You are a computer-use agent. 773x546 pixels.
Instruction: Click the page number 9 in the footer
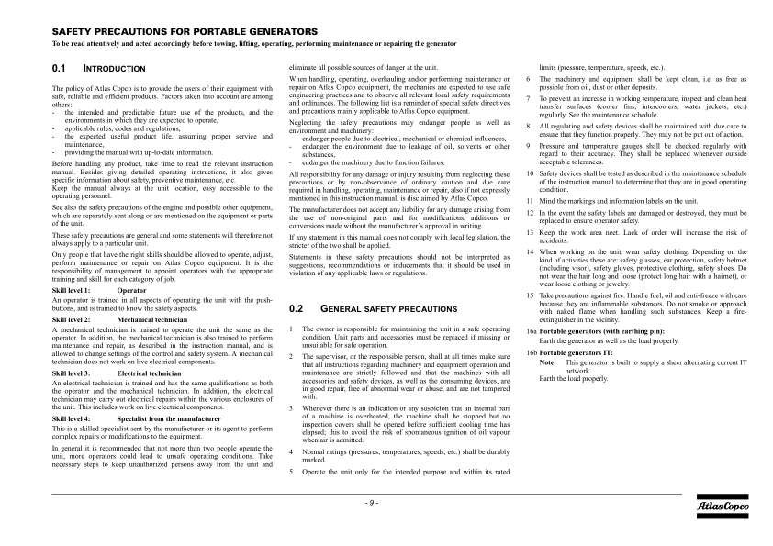click(x=372, y=502)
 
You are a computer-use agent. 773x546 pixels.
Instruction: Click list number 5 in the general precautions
click(x=291, y=472)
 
